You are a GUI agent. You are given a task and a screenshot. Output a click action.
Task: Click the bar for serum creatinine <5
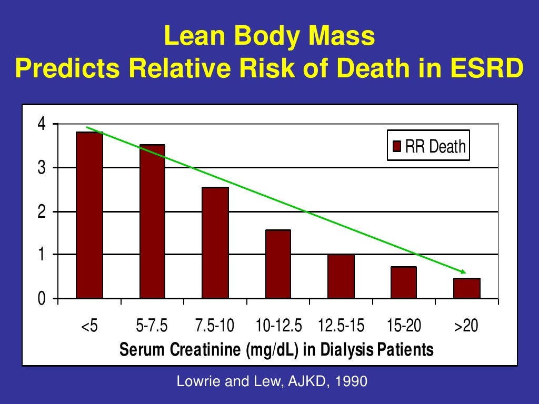point(89,215)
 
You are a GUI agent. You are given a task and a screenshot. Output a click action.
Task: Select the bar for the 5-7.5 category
point(152,221)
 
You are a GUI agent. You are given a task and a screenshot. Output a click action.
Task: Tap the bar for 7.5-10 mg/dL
point(215,243)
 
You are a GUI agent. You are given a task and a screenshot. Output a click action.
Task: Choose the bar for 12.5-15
point(341,276)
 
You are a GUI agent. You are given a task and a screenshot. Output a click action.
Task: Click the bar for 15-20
point(403,282)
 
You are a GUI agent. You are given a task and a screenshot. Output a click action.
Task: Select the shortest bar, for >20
point(466,288)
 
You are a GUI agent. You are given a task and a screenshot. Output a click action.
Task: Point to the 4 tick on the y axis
point(41,125)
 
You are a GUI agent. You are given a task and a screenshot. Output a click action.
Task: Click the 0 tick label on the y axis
point(41,299)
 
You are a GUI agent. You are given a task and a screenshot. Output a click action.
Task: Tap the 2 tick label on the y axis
point(41,211)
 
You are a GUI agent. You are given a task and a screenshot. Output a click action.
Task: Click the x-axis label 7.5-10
point(214,326)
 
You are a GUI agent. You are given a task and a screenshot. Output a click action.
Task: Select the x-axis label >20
point(466,326)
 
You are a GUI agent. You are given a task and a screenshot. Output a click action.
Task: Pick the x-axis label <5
point(89,326)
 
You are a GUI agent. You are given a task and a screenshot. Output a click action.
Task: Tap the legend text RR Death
point(435,146)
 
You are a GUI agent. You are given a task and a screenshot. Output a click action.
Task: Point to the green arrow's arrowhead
point(463,271)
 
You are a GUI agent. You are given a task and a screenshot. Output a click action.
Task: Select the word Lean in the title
point(195,37)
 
